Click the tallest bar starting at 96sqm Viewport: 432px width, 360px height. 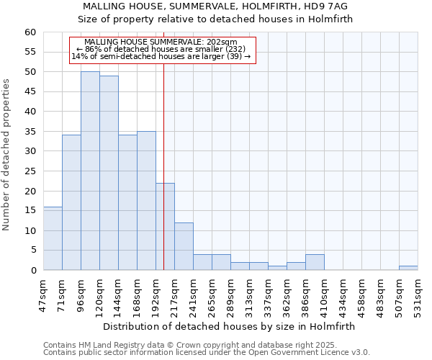(x=90, y=171)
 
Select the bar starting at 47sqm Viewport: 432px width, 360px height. (x=53, y=238)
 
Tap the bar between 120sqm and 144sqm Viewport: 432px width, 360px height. (x=109, y=173)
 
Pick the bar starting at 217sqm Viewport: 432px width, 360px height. (x=184, y=246)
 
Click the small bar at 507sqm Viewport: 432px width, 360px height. (x=408, y=268)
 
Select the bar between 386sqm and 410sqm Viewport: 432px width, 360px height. (x=315, y=262)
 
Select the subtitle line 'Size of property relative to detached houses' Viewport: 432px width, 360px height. (x=215, y=19)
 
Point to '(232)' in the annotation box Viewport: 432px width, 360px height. (x=235, y=49)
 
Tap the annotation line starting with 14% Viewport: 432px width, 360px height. (x=161, y=56)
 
